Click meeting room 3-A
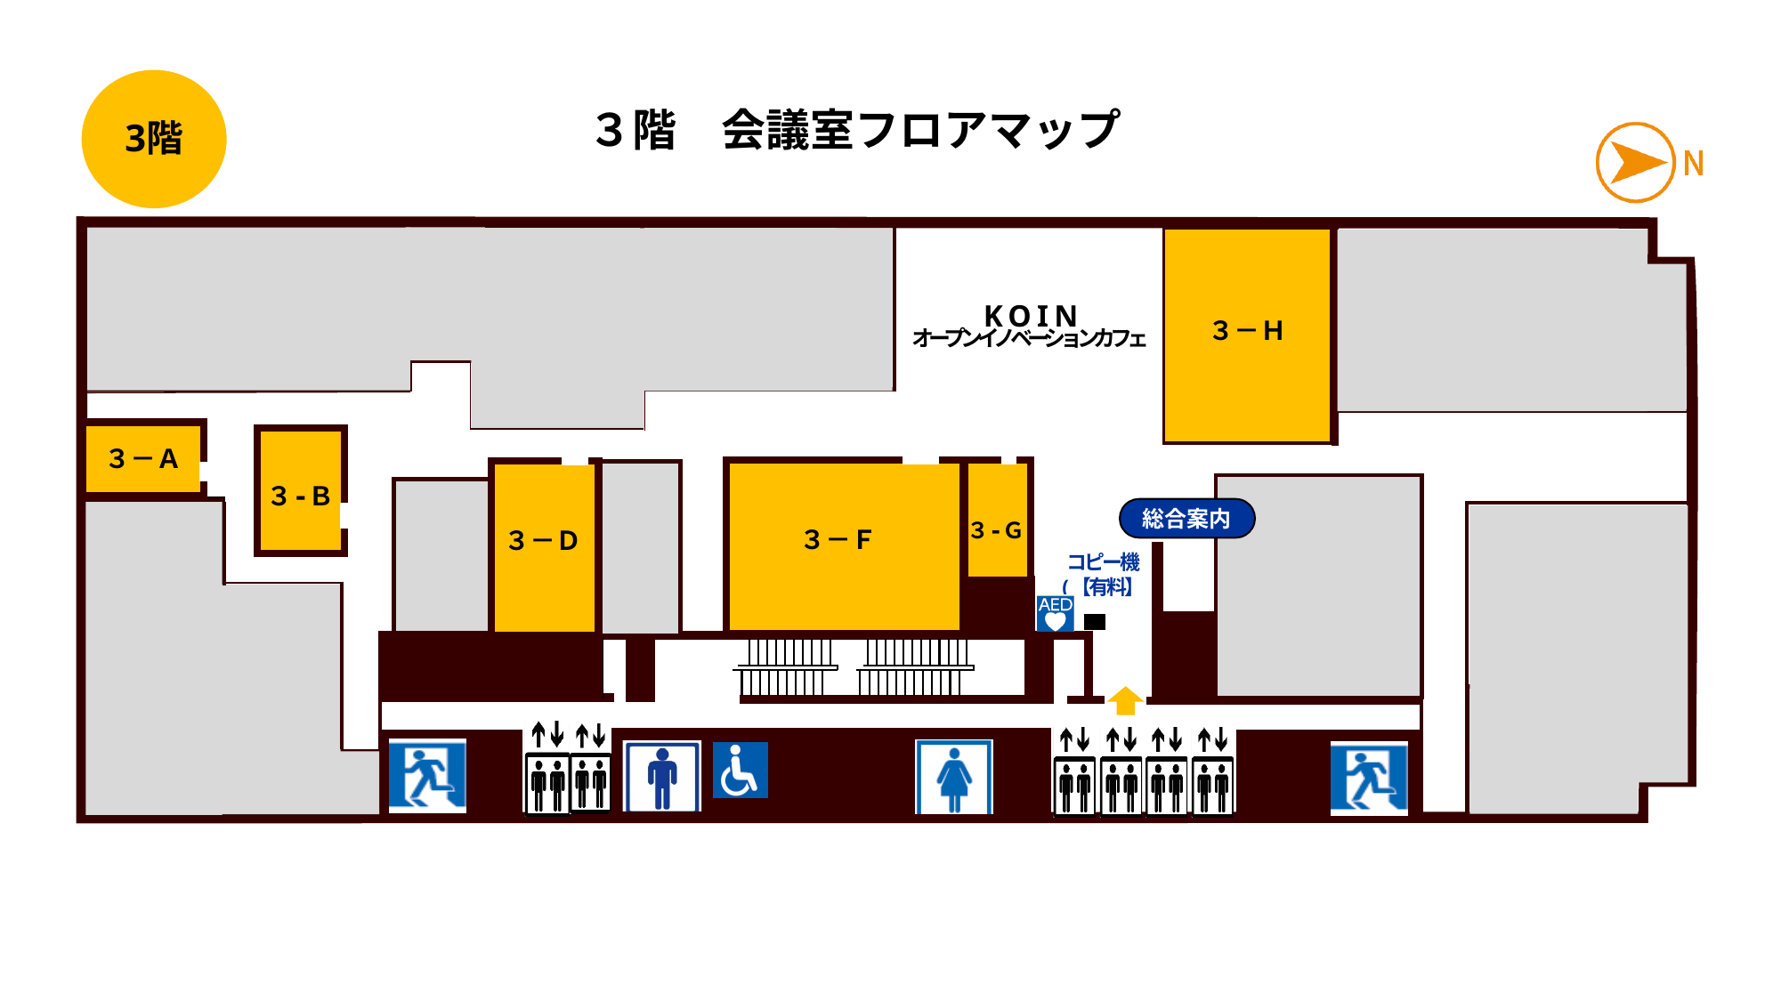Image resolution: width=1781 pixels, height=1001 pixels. tap(142, 459)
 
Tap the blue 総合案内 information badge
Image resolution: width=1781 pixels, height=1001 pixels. tap(1186, 519)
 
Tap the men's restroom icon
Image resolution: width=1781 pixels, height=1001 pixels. tap(662, 777)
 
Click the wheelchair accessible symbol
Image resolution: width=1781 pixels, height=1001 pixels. tap(740, 771)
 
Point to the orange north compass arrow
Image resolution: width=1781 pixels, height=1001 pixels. tap(1636, 163)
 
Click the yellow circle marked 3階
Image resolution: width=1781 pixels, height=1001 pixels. tap(154, 139)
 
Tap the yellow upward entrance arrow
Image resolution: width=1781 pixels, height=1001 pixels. tap(1125, 701)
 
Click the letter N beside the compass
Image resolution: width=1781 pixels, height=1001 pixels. tap(1693, 164)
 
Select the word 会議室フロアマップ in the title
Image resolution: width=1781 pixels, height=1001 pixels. tap(920, 130)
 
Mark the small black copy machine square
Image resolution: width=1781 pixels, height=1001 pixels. tap(1095, 622)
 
